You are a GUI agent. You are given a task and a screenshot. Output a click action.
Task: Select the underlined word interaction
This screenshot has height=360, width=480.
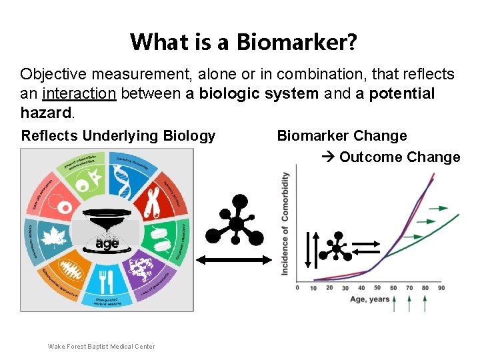pyautogui.click(x=79, y=94)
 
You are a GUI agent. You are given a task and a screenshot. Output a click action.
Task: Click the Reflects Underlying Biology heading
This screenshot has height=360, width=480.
pyautogui.click(x=119, y=136)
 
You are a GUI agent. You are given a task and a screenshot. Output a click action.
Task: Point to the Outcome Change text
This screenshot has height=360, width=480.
pyautogui.click(x=399, y=157)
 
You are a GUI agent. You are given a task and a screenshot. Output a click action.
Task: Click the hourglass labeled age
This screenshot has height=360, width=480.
pyautogui.click(x=107, y=230)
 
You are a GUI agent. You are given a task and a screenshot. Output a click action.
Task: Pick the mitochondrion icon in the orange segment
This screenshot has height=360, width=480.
pyautogui.click(x=71, y=269)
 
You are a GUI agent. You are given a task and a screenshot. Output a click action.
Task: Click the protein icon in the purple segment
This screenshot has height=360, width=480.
pyautogui.click(x=143, y=269)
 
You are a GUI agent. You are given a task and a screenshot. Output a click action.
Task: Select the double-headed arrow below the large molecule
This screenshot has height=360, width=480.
pyautogui.click(x=235, y=260)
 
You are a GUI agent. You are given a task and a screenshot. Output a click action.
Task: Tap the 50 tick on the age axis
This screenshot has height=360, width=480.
pyautogui.click(x=377, y=288)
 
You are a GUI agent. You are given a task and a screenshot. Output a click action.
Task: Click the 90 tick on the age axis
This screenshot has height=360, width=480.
pyautogui.click(x=441, y=288)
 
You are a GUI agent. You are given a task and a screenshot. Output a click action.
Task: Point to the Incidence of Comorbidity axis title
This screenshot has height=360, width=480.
pyautogui.click(x=285, y=223)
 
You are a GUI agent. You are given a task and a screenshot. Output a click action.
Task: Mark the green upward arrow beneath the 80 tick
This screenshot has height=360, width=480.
pyautogui.click(x=425, y=304)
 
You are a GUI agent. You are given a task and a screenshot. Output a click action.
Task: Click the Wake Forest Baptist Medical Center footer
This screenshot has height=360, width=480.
pyautogui.click(x=101, y=346)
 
